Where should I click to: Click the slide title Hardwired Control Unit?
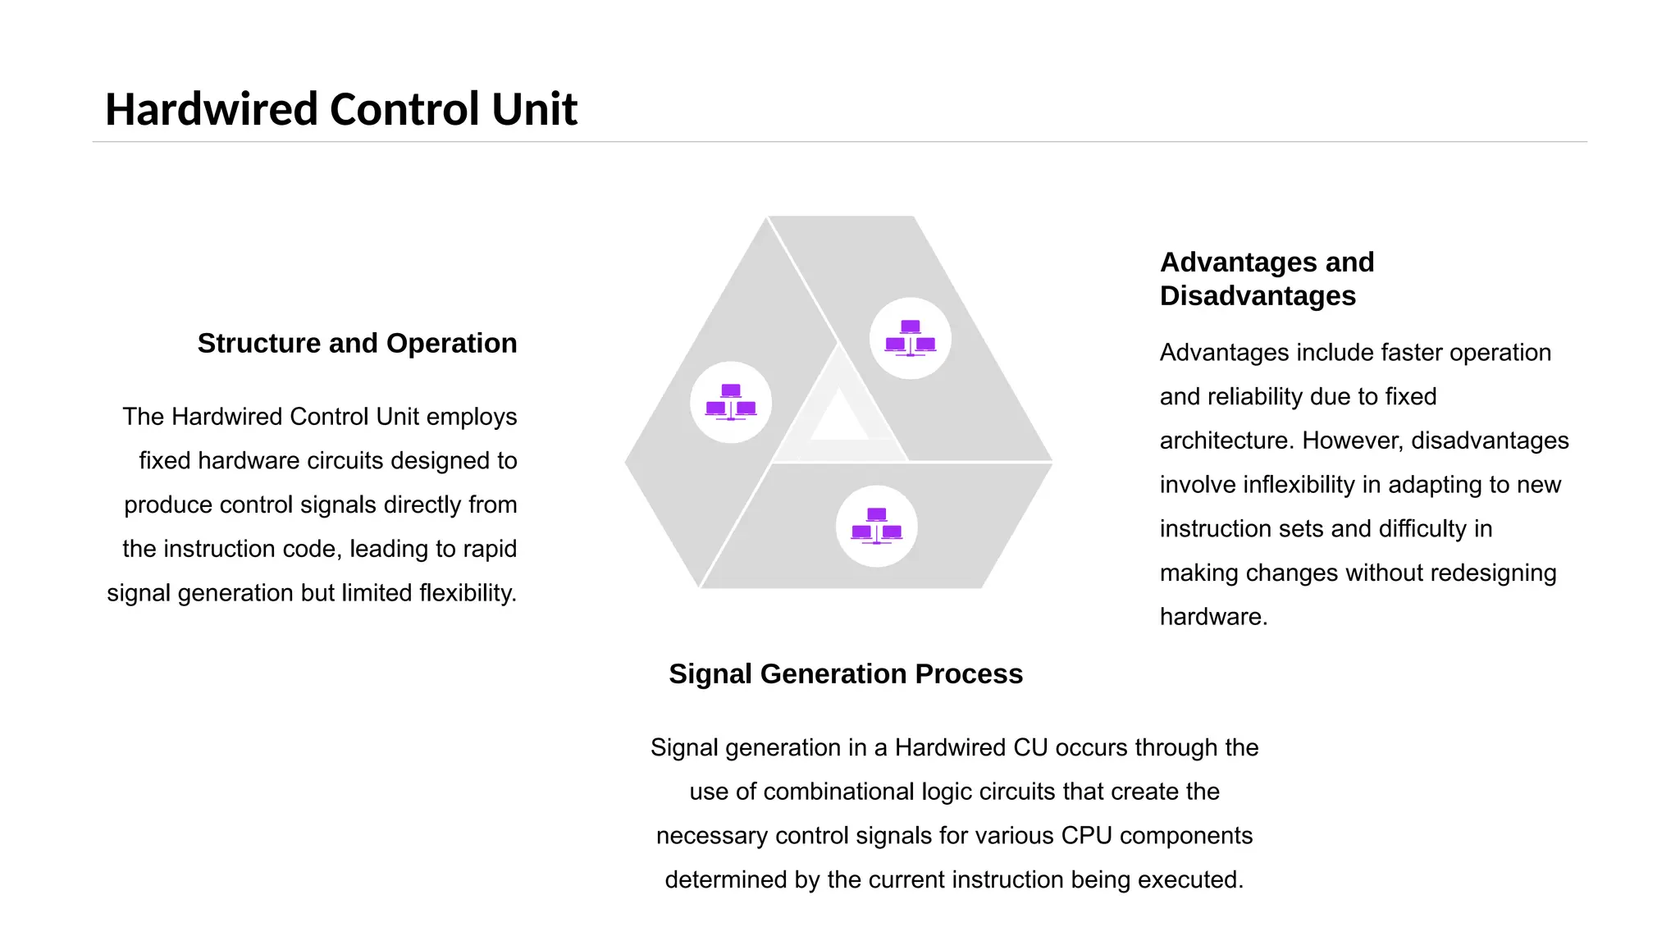click(x=340, y=109)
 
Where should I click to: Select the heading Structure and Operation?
click(x=357, y=343)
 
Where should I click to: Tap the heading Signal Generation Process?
click(x=846, y=673)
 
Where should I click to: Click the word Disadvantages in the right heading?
click(x=1258, y=295)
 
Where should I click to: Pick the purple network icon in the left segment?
click(x=731, y=402)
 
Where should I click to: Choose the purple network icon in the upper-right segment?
click(x=910, y=338)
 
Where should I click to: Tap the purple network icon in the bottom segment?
click(x=876, y=526)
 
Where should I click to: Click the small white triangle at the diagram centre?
click(x=838, y=417)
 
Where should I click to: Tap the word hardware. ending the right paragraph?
click(x=1213, y=617)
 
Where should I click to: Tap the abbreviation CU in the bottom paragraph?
click(x=1030, y=747)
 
